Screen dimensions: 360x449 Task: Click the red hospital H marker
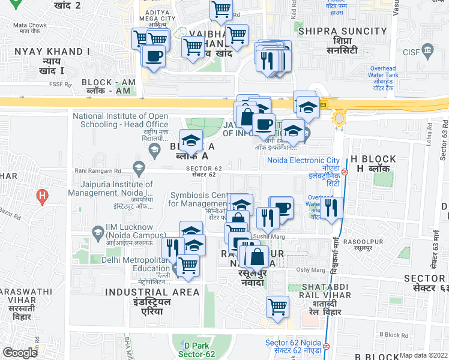[x=41, y=196]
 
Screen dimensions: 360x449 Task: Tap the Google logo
[x=20, y=353]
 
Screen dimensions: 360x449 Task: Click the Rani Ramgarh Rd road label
[x=97, y=170]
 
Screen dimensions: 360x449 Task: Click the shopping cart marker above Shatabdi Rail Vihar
[x=278, y=306]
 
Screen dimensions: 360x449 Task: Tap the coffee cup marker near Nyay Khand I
[x=154, y=56]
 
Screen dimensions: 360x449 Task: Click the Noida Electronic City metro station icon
[x=345, y=171]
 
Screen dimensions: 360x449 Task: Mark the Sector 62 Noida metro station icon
[x=325, y=346]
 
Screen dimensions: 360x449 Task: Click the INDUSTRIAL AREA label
[x=152, y=292]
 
